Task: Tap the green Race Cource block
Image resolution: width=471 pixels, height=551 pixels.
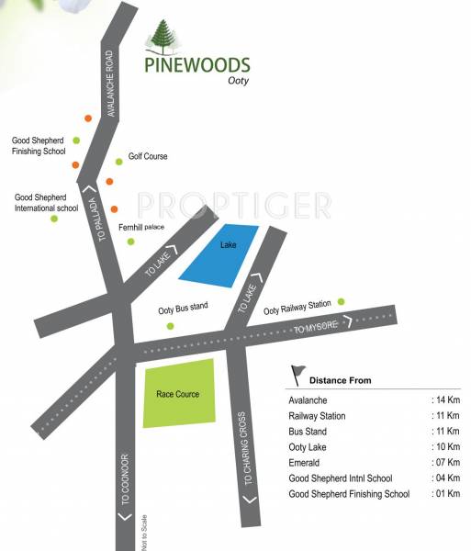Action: click(x=178, y=393)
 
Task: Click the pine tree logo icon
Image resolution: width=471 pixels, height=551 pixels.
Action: click(x=161, y=40)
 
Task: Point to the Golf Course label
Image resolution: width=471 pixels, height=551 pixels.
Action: click(x=148, y=157)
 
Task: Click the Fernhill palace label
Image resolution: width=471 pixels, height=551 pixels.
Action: click(x=141, y=226)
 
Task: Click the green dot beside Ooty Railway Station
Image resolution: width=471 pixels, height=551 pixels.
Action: click(x=341, y=301)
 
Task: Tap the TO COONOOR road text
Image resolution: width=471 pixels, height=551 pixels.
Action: click(x=125, y=478)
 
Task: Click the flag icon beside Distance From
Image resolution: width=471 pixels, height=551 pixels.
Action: click(x=297, y=374)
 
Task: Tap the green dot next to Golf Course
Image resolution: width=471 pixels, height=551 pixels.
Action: click(x=118, y=161)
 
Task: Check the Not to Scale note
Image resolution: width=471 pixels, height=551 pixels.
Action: click(x=143, y=532)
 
